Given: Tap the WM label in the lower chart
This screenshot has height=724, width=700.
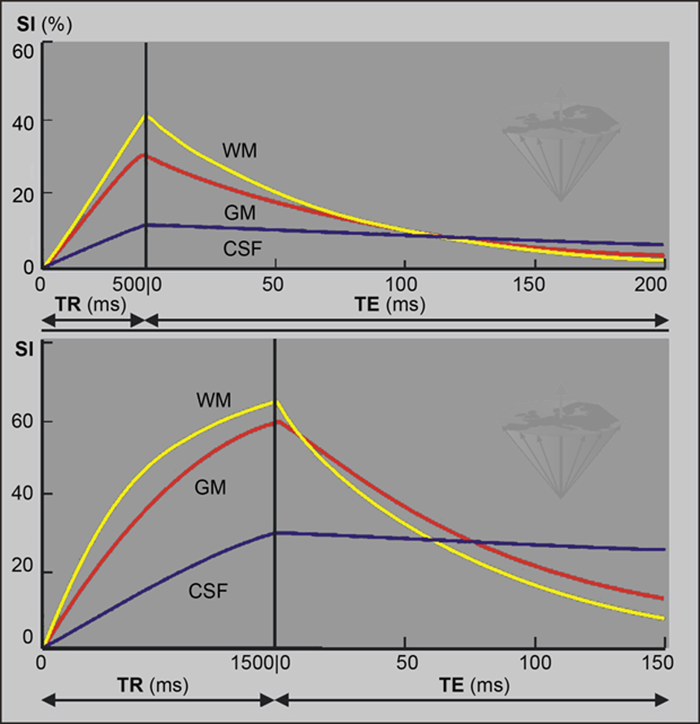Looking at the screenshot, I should pos(214,400).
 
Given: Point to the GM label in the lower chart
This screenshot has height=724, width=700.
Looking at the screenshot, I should pos(210,487).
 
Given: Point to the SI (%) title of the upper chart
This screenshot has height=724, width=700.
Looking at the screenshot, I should pos(44,24).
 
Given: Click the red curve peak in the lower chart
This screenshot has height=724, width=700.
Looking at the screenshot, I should pos(276,421).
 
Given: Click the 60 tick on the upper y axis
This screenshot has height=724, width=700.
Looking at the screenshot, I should pos(24,49).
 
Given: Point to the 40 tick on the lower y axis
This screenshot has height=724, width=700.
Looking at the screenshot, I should pos(24,495).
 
